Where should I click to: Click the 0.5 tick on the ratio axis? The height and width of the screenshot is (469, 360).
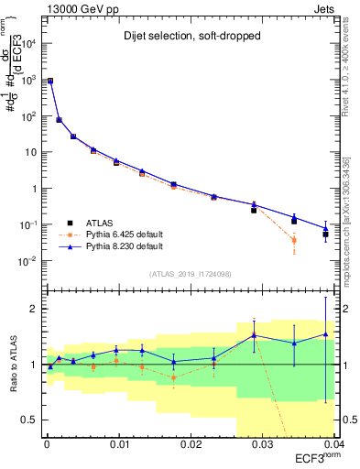(31, 420)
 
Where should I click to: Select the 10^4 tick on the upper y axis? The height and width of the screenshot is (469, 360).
(30, 43)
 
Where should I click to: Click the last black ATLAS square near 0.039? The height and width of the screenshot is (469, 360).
(326, 234)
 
